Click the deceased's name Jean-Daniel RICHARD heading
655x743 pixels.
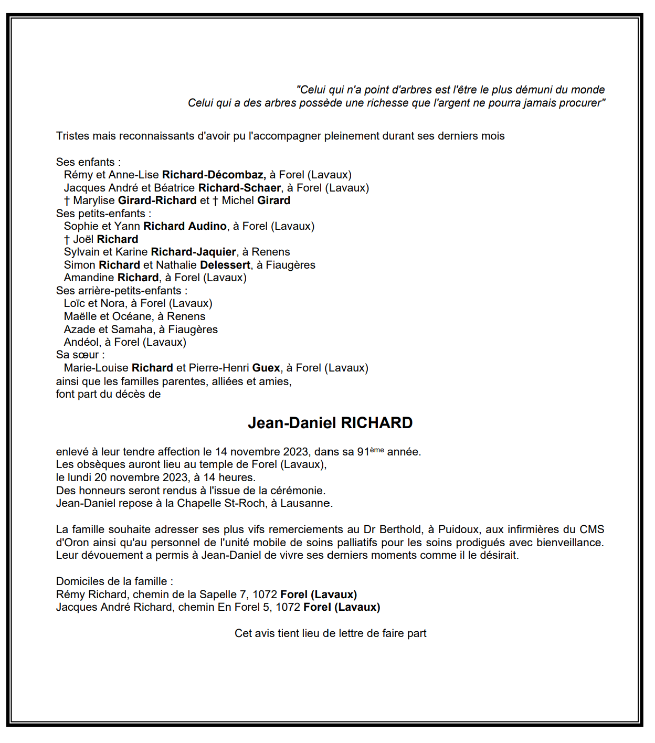point(330,423)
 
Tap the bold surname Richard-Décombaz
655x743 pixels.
point(214,175)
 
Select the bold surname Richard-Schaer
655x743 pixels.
point(239,188)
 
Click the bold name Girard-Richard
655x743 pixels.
point(157,200)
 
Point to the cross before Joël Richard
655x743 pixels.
point(67,240)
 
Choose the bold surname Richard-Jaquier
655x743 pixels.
point(193,252)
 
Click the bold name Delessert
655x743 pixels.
point(225,265)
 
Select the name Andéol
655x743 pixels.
point(81,342)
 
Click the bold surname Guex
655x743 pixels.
point(266,368)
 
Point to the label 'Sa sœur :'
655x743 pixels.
point(80,355)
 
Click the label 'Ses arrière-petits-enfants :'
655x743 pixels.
point(122,291)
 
